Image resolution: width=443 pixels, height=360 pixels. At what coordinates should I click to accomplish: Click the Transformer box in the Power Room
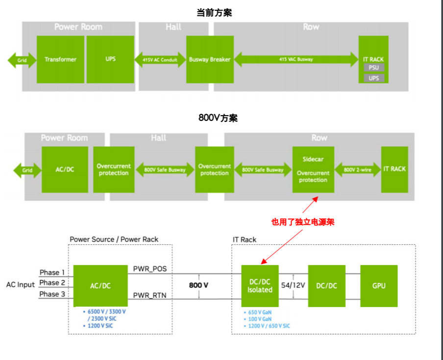coord(60,59)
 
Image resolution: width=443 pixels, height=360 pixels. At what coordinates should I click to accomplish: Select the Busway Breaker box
coord(209,59)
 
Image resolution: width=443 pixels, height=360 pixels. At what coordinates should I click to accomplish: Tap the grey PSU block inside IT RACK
coord(373,68)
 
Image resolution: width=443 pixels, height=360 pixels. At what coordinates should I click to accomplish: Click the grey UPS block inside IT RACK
coord(373,78)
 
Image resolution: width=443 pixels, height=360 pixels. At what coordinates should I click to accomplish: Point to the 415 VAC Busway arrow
coord(296,59)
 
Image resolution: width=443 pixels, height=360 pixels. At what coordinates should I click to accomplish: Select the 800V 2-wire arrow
coord(357,169)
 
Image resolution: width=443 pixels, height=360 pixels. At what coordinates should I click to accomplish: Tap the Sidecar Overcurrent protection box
coord(313,169)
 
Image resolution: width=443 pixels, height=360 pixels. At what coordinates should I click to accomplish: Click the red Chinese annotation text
coord(303,222)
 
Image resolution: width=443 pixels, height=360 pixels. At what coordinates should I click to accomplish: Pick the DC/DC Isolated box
coord(260,286)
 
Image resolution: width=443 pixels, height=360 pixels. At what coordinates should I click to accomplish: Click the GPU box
coord(379,286)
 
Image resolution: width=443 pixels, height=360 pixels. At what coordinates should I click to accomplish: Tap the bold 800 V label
coord(199,284)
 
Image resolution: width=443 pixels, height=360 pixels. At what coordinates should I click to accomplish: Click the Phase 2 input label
coord(52,283)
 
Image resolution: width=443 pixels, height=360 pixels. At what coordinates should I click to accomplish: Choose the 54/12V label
coord(293,285)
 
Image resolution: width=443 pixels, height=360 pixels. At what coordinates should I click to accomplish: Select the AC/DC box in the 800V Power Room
coord(65,169)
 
